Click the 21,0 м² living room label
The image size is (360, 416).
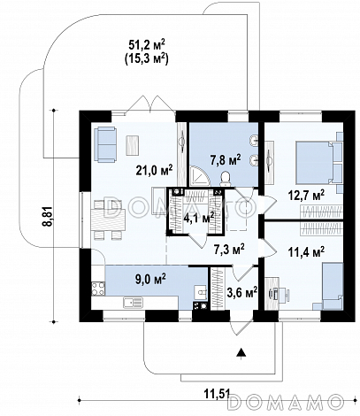pyautogui.click(x=154, y=170)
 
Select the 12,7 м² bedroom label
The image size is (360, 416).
pyautogui.click(x=306, y=196)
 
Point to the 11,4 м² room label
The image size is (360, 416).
pyautogui.click(x=306, y=251)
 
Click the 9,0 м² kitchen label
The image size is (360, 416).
pyautogui.click(x=150, y=279)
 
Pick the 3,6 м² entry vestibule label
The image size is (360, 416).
pyautogui.click(x=242, y=293)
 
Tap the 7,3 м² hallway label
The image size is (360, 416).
pyautogui.click(x=229, y=250)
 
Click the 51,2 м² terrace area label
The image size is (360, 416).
pyautogui.click(x=147, y=45)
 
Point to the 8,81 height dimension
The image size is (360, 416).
pyautogui.click(x=49, y=216)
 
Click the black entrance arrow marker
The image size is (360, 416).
pyautogui.click(x=241, y=352)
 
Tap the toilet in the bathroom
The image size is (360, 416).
pyautogui.click(x=226, y=179)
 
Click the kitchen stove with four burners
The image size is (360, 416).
pyautogui.click(x=98, y=289)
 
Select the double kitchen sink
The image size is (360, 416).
pyautogui.click(x=133, y=303)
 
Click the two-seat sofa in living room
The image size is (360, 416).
pyautogui.click(x=105, y=144)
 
